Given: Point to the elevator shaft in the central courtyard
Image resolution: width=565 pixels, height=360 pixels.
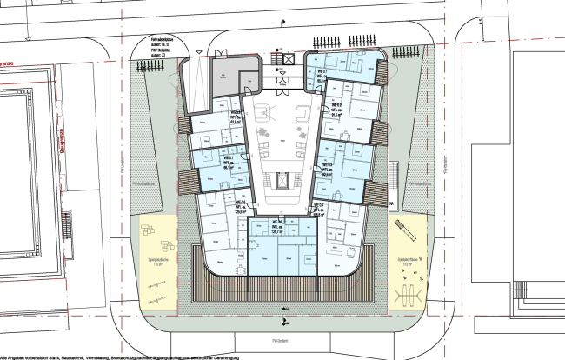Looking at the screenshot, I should click(x=281, y=180).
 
